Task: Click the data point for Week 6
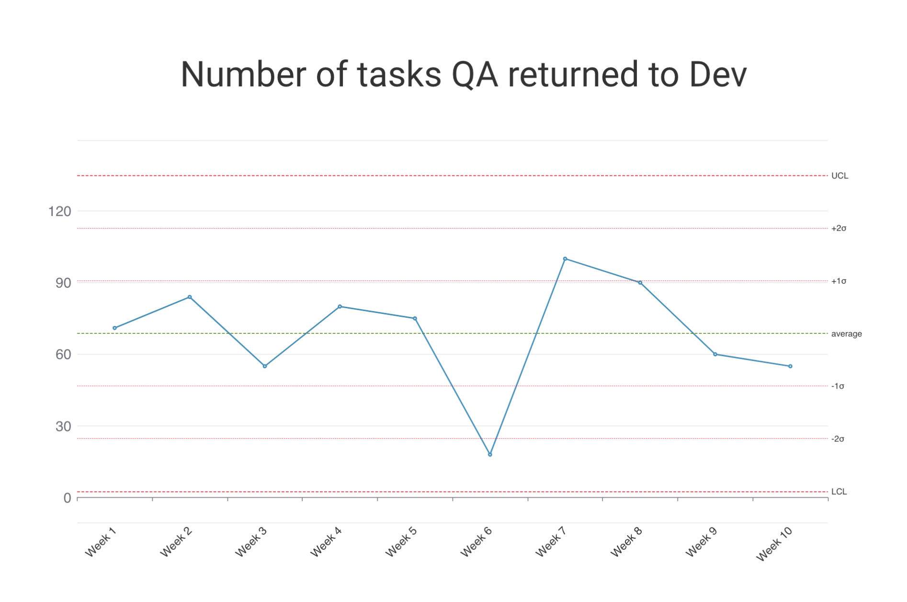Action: pyautogui.click(x=490, y=454)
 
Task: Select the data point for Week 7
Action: pyautogui.click(x=565, y=259)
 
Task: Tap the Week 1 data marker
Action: pyautogui.click(x=114, y=328)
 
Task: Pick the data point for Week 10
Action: pyautogui.click(x=790, y=366)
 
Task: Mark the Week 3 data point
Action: pyautogui.click(x=265, y=366)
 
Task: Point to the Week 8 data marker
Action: pyautogui.click(x=640, y=283)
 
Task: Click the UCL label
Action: pyautogui.click(x=839, y=176)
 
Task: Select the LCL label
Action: pyautogui.click(x=839, y=492)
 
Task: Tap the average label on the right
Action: pyautogui.click(x=846, y=334)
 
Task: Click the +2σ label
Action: pyautogui.click(x=839, y=229)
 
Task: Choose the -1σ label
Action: pyautogui.click(x=838, y=386)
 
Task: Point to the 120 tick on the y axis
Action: pyautogui.click(x=59, y=211)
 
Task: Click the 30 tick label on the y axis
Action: pyautogui.click(x=63, y=427)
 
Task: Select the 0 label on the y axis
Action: pyautogui.click(x=67, y=498)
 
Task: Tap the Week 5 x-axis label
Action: pyautogui.click(x=401, y=542)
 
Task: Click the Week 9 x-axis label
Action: pyautogui.click(x=701, y=542)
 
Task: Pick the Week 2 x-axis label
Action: pyautogui.click(x=176, y=542)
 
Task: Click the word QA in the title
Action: pyautogui.click(x=475, y=75)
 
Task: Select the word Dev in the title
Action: pyautogui.click(x=717, y=75)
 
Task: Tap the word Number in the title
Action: pyautogui.click(x=243, y=75)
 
